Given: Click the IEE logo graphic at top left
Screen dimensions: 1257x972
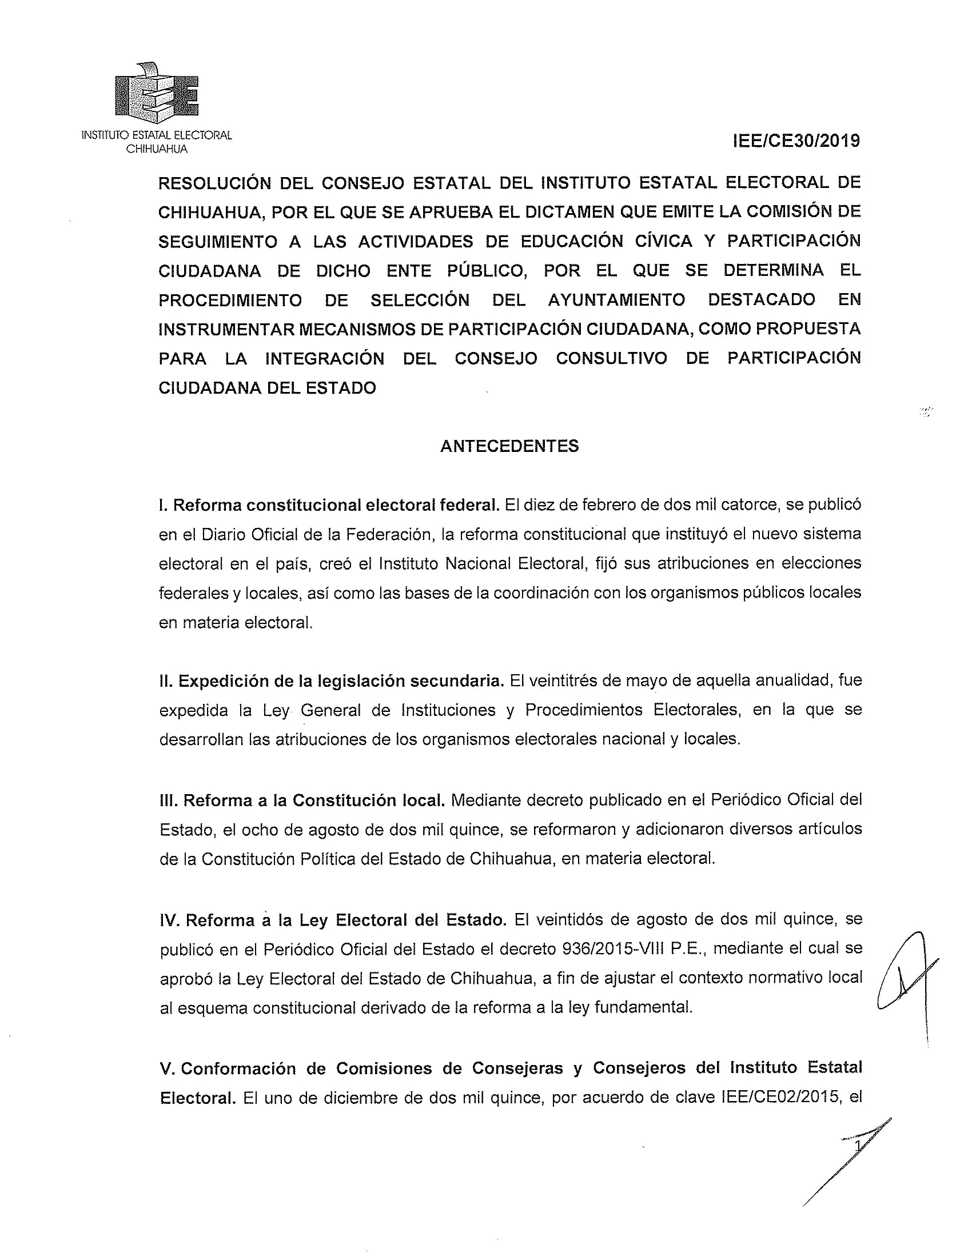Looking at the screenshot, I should pyautogui.click(x=157, y=92).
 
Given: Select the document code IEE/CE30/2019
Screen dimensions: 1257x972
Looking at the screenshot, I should pyautogui.click(x=796, y=141).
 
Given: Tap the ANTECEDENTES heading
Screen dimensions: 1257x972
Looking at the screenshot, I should pyautogui.click(x=509, y=446).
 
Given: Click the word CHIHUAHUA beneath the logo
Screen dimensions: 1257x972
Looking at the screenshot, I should pyautogui.click(x=157, y=149).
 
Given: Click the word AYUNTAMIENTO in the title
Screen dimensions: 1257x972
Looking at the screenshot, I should pyautogui.click(x=616, y=300).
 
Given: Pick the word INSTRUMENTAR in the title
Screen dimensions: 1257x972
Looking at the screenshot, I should pyautogui.click(x=225, y=329).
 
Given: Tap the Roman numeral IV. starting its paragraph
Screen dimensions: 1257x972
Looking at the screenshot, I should pyautogui.click(x=170, y=920).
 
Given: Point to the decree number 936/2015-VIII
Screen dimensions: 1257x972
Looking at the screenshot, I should pyautogui.click(x=613, y=948).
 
